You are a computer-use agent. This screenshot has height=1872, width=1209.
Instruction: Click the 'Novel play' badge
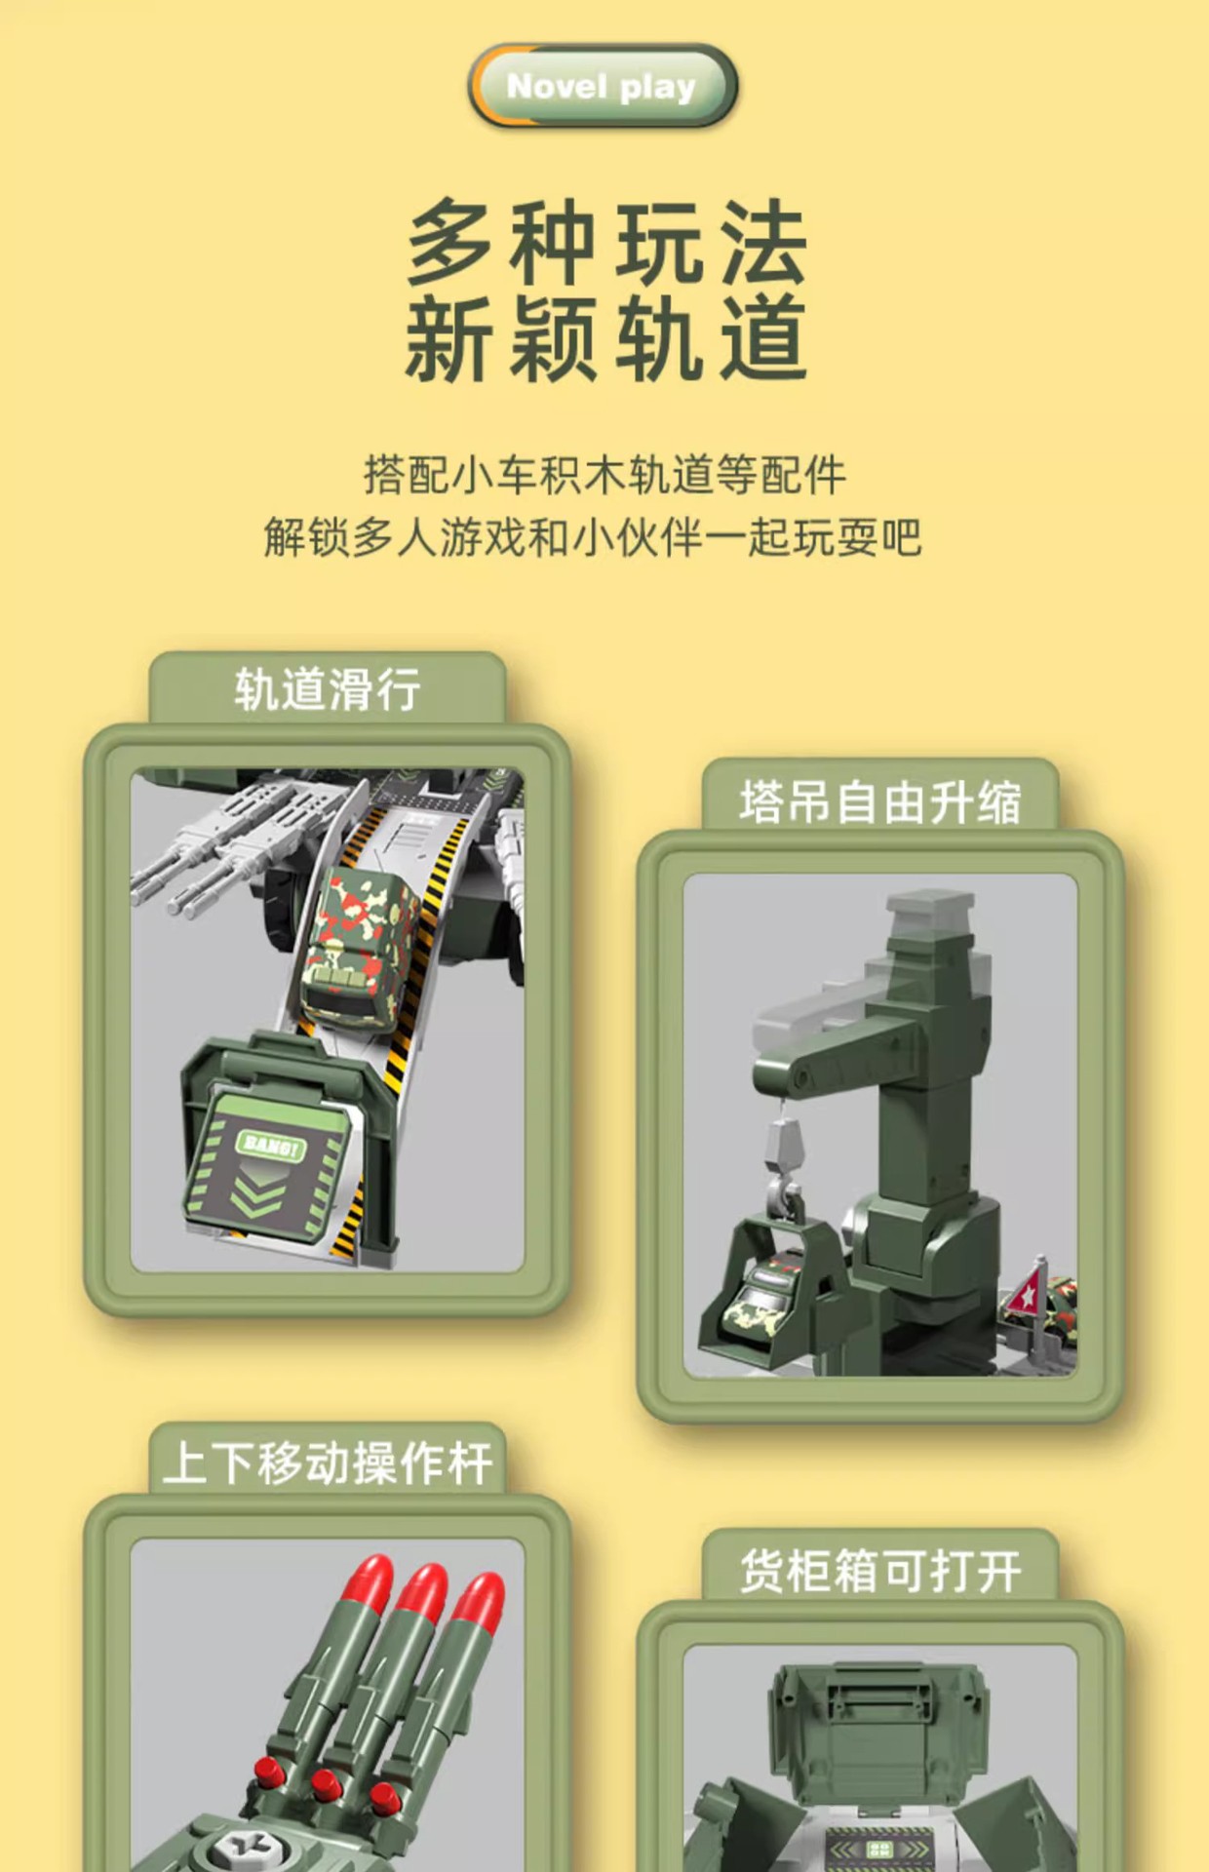602,87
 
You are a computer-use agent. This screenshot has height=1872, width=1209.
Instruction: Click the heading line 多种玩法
606,241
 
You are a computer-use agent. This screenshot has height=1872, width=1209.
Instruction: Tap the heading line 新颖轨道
606,338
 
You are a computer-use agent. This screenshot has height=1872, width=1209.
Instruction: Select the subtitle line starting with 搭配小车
604,475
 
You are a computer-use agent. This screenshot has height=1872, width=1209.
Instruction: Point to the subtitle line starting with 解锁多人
593,537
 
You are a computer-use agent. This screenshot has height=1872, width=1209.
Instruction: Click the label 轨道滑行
328,689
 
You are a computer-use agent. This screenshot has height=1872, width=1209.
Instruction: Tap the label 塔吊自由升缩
879,802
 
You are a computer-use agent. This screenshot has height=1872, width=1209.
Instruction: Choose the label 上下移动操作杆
328,1462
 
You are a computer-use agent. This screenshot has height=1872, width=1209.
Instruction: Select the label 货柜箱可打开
879,1572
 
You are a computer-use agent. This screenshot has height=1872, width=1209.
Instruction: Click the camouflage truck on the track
359,946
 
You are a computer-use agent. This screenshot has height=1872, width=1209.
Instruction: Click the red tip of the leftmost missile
371,1581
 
